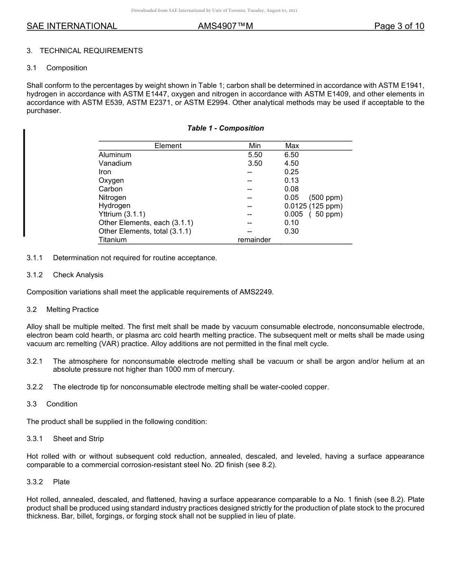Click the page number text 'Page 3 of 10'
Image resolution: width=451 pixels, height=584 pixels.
point(399,27)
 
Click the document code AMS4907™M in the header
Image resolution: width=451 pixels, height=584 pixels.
point(225,27)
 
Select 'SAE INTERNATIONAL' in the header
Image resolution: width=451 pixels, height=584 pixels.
point(72,27)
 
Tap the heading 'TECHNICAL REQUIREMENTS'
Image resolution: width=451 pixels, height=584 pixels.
point(91,51)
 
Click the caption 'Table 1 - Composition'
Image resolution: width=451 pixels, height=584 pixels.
point(225,128)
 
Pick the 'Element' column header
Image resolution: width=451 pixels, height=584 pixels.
point(168,146)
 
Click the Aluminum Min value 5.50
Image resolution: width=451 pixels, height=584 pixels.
point(255,155)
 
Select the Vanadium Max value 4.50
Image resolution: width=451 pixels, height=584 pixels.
point(291,163)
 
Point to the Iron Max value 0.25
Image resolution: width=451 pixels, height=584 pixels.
point(291,172)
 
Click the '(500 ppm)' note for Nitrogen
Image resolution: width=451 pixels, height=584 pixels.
point(326,198)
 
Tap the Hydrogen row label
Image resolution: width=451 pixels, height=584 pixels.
point(114,206)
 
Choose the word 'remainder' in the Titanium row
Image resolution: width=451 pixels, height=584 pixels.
point(254,240)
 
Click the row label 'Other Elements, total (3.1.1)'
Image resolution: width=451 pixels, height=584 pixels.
point(145,231)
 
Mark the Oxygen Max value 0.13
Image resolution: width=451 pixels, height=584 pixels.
point(291,180)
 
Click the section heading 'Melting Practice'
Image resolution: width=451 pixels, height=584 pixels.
point(73,310)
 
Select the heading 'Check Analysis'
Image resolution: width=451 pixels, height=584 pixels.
point(78,275)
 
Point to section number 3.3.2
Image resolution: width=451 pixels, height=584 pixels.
point(35,482)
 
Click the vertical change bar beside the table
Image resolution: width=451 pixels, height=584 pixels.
point(24,183)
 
